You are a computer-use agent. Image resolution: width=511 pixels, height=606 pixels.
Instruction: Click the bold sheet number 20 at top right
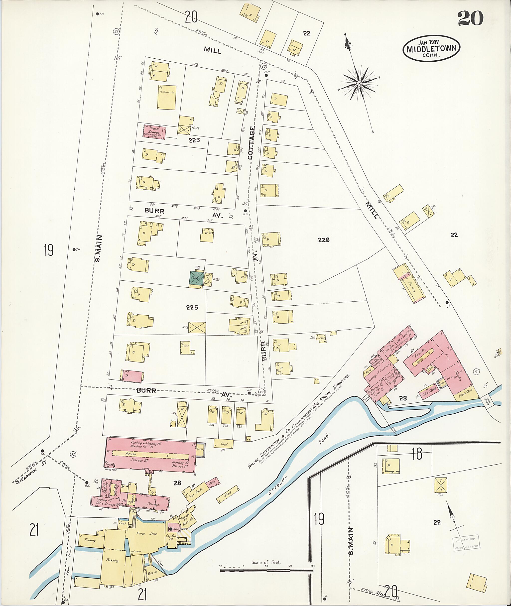pyautogui.click(x=471, y=18)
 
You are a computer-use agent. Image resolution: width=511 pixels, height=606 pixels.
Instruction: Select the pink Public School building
pyautogui.click(x=155, y=132)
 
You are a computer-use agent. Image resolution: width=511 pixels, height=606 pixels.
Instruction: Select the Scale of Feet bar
pyautogui.click(x=266, y=570)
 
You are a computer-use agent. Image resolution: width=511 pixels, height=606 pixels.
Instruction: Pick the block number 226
pyautogui.click(x=323, y=240)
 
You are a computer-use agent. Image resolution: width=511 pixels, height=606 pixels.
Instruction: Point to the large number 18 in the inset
pyautogui.click(x=417, y=454)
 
